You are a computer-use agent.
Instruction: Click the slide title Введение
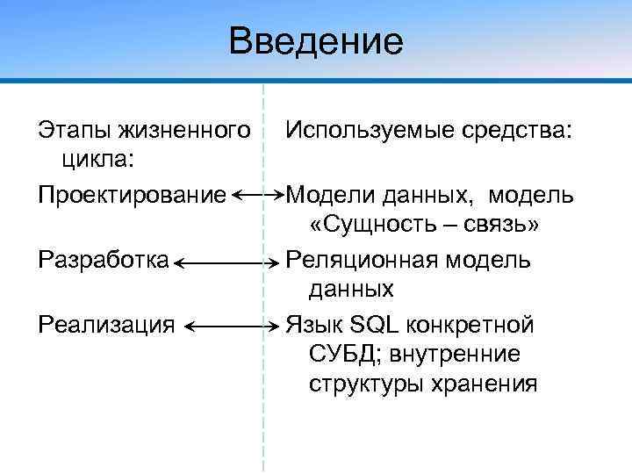click(x=316, y=41)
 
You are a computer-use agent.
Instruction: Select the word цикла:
click(x=97, y=161)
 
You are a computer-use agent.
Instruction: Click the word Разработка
click(x=104, y=259)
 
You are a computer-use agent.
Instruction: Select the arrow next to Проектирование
click(x=261, y=193)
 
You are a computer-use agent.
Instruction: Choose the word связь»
click(x=504, y=226)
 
